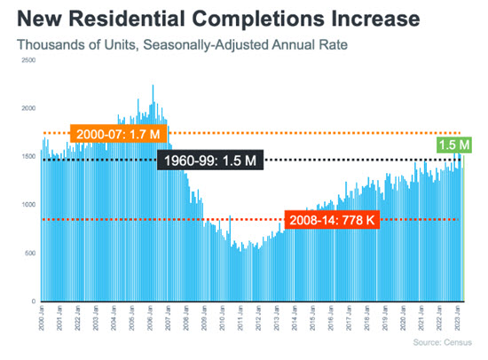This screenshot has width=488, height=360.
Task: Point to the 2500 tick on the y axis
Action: coord(28,59)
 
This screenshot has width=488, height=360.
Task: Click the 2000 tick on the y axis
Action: coord(28,108)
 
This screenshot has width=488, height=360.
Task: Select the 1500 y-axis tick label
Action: coord(28,157)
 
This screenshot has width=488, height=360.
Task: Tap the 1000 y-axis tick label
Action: coord(28,205)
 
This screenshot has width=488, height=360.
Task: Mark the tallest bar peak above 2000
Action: coord(153,87)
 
